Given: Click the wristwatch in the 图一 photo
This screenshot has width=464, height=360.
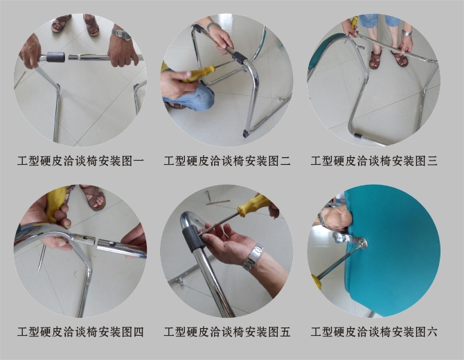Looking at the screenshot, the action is [x=121, y=35].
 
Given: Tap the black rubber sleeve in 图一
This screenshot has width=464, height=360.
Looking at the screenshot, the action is [x=56, y=57].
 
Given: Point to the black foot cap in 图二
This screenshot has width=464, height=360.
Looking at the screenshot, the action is [x=247, y=132].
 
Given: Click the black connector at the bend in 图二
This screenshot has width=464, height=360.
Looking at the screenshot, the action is [x=240, y=57].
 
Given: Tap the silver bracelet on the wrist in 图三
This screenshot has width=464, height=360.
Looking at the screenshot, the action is [x=407, y=33].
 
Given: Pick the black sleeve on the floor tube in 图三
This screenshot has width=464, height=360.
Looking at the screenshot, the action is [x=357, y=136].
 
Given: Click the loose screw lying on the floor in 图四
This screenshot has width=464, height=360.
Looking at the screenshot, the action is [x=41, y=257].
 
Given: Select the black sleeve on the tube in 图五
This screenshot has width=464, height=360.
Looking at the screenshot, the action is [x=193, y=238].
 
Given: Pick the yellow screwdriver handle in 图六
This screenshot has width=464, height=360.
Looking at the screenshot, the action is [x=316, y=281].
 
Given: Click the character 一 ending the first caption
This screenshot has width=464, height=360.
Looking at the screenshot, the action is [x=139, y=161].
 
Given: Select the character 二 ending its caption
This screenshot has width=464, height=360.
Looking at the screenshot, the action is [x=285, y=161].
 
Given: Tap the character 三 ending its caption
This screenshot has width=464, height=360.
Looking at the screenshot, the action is [x=432, y=161].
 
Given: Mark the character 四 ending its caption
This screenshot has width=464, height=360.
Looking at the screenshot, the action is [x=139, y=332].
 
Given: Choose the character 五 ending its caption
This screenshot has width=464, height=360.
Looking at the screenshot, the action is [x=285, y=332].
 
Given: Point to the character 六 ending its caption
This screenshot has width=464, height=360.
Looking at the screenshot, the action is [x=432, y=332].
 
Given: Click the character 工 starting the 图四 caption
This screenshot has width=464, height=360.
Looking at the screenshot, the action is [x=23, y=332].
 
